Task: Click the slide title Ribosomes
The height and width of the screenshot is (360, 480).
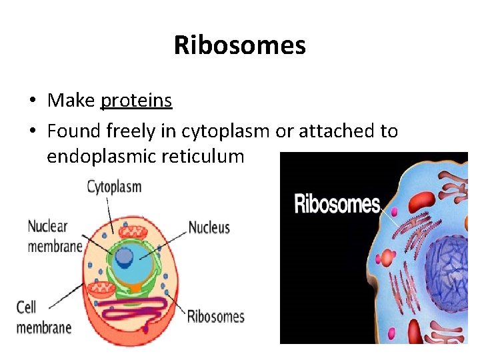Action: (239, 45)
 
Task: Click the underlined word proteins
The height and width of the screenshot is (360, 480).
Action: (136, 101)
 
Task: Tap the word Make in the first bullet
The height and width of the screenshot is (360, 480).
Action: (71, 101)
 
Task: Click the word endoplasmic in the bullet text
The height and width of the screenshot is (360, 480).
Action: (103, 157)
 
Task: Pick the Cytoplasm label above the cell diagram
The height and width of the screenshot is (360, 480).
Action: (114, 186)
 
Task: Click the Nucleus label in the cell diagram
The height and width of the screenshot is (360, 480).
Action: (209, 227)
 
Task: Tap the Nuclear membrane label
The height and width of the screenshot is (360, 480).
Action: (54, 235)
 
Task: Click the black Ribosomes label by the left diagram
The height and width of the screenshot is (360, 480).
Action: (215, 316)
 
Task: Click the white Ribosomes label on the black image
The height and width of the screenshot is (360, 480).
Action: (337, 203)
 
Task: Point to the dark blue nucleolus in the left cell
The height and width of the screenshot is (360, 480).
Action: (123, 257)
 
